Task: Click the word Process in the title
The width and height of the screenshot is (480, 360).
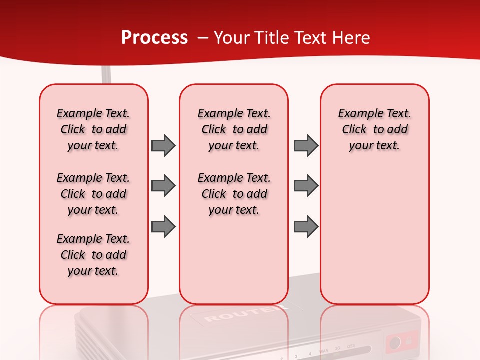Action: (154, 38)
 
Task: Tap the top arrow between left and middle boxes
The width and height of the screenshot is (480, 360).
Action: (163, 145)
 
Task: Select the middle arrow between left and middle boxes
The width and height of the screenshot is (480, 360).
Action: (163, 186)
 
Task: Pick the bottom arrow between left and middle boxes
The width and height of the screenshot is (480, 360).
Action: (163, 226)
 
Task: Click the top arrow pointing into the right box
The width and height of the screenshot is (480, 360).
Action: (306, 145)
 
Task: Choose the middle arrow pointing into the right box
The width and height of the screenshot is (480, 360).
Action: (306, 186)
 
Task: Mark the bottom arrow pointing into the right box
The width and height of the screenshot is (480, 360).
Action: (306, 226)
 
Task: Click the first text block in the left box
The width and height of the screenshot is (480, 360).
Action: (93, 129)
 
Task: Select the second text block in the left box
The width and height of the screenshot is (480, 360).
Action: (93, 194)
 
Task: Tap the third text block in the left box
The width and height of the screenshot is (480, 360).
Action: (93, 255)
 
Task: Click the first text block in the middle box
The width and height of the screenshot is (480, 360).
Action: (234, 129)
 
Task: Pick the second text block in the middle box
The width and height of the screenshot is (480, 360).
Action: (234, 194)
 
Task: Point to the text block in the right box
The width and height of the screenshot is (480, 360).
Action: (375, 129)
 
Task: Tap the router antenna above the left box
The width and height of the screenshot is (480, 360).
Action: (106, 75)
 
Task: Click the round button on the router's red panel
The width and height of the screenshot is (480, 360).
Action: (395, 343)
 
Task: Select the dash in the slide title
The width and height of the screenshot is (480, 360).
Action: (202, 38)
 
